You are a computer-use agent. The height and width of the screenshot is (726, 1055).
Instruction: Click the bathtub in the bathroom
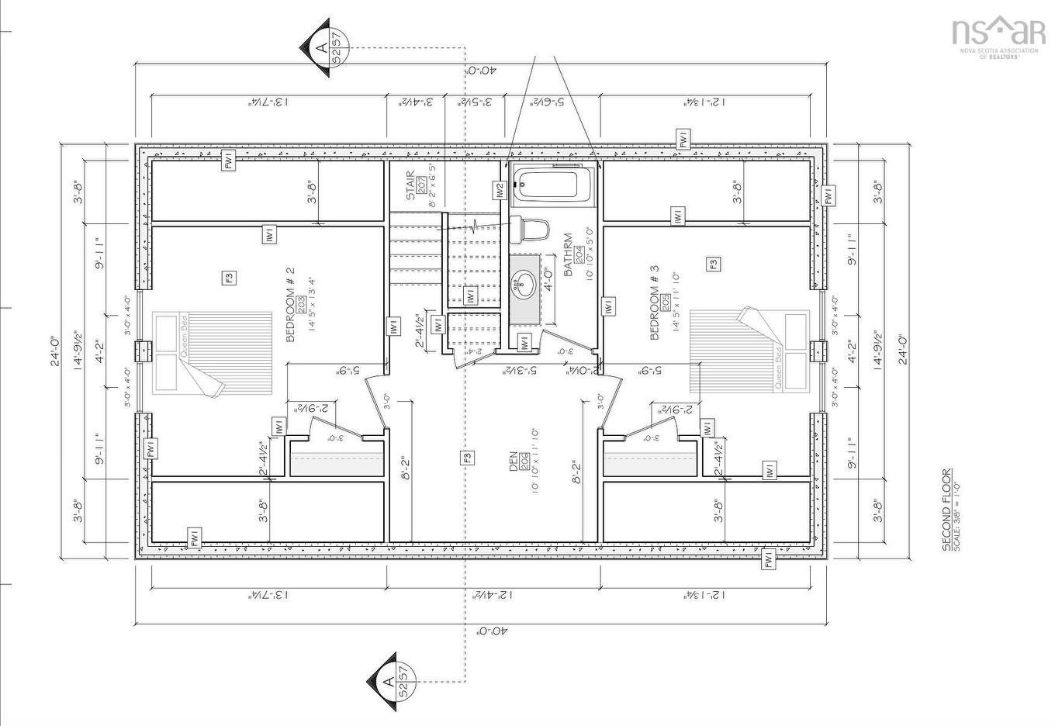tap(549, 185)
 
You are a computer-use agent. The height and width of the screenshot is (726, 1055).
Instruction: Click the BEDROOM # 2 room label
tap(290, 305)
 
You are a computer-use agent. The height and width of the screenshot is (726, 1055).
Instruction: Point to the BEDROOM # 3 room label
tap(654, 302)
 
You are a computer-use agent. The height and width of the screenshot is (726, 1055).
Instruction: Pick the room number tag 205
tap(665, 301)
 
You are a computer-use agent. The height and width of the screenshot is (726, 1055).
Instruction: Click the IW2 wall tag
tap(500, 189)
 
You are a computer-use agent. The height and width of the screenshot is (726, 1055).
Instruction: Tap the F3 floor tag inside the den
tap(466, 458)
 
